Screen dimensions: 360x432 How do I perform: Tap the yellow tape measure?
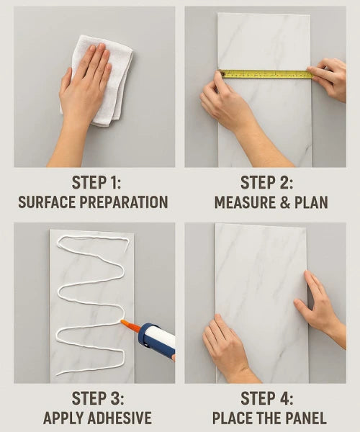(266, 74)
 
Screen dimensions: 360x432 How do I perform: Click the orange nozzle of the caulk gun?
(130, 326)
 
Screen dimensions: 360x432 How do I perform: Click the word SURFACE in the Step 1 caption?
(47, 202)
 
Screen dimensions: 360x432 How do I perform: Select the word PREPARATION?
(124, 202)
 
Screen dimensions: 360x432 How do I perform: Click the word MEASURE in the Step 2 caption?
(245, 202)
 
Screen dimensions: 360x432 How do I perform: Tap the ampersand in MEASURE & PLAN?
(285, 202)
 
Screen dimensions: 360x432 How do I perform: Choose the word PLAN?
(311, 202)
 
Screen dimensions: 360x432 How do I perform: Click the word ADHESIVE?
(121, 418)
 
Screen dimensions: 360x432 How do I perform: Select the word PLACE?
(231, 418)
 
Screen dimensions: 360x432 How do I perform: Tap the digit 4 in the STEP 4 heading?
(282, 398)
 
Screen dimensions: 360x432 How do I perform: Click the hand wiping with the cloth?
(83, 91)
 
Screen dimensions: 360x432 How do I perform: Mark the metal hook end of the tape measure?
(221, 73)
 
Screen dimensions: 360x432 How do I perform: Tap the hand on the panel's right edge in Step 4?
(320, 307)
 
